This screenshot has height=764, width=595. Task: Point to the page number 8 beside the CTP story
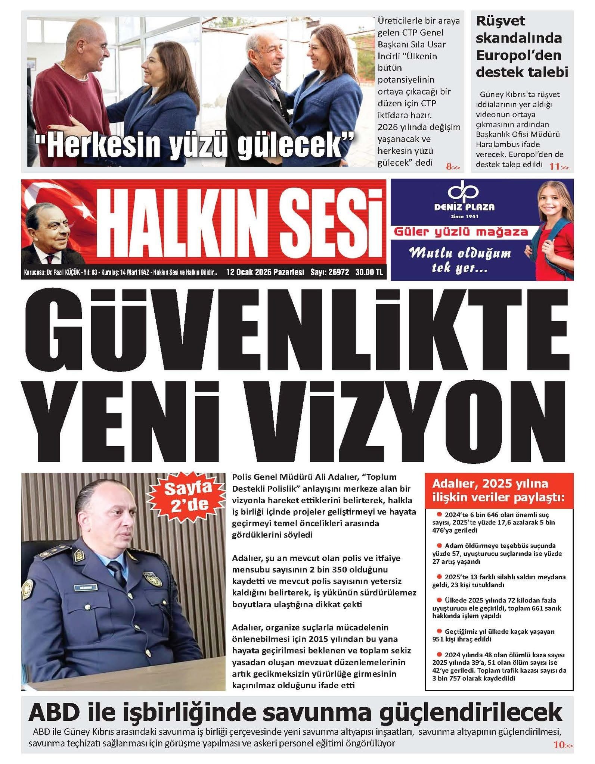(449, 167)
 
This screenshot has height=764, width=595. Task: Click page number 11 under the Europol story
(554, 167)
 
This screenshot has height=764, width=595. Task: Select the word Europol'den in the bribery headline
(518, 55)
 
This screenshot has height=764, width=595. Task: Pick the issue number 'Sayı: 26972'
(329, 272)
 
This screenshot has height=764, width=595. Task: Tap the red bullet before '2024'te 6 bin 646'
(439, 514)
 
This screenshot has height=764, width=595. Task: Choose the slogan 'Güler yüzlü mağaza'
(462, 232)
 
